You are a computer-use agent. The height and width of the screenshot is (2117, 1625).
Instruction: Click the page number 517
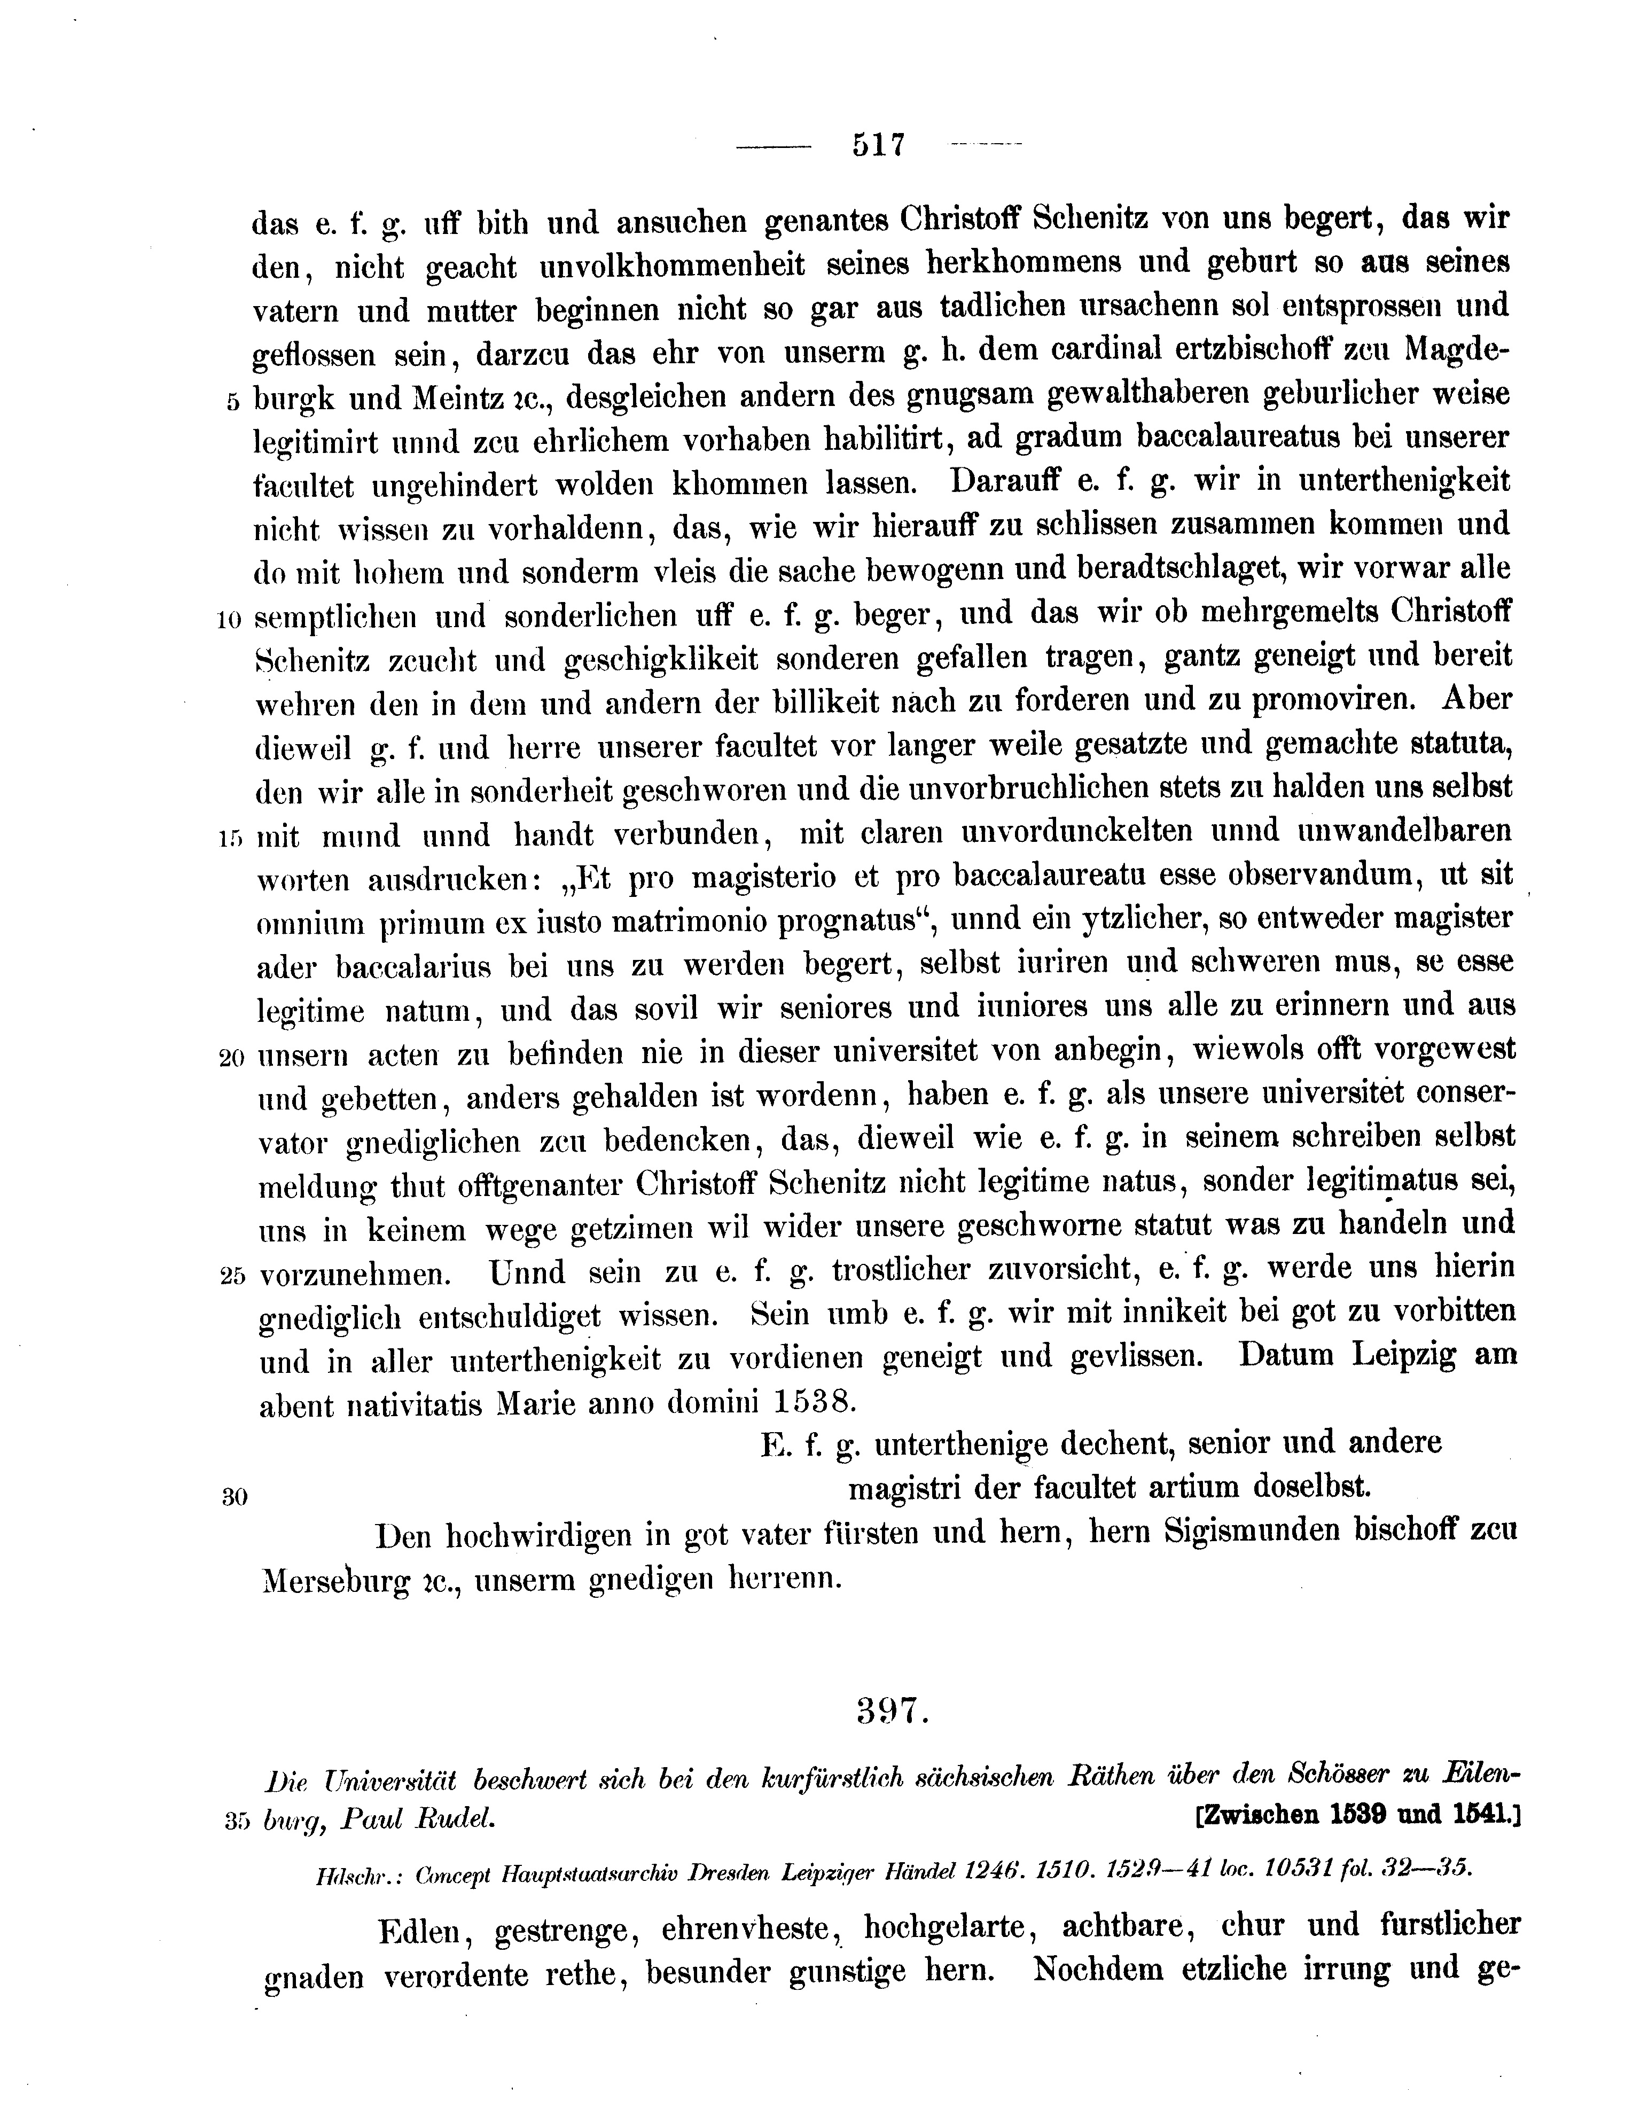878,145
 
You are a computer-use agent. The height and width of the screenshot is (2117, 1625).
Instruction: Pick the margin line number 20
230,1058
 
